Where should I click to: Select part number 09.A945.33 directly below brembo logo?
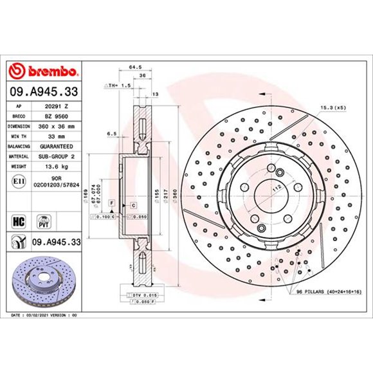pyautogui.click(x=44, y=92)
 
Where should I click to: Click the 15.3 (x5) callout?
pyautogui.click(x=333, y=107)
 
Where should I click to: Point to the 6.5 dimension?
pyautogui.click(x=113, y=134)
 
